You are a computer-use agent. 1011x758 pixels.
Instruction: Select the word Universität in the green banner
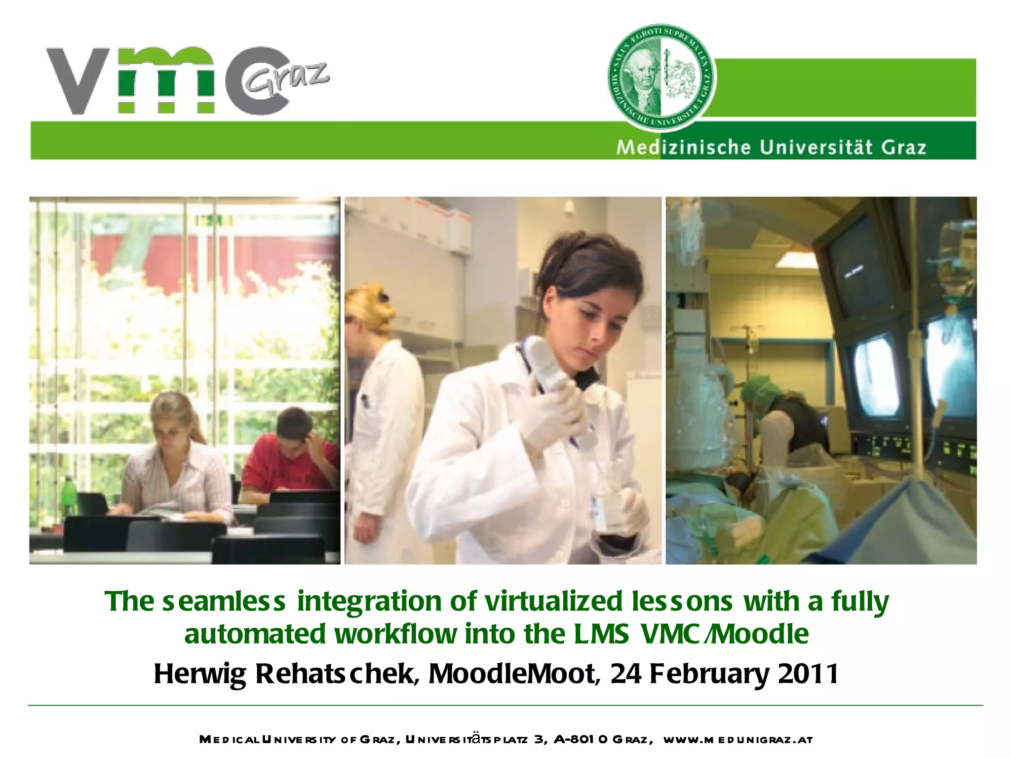pos(817,148)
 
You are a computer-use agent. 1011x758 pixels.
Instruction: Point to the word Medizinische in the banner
pos(683,148)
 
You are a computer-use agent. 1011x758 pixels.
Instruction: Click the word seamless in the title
pos(224,602)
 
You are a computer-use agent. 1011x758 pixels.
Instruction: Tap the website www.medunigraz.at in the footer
pos(738,740)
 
